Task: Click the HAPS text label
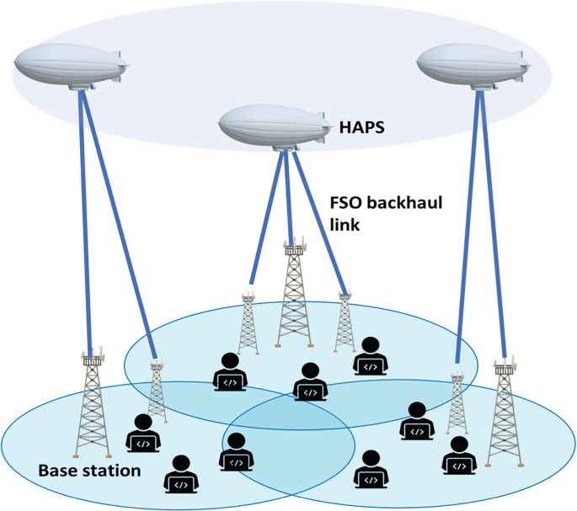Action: pyautogui.click(x=361, y=127)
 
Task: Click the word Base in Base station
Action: pyautogui.click(x=60, y=470)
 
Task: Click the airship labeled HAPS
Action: pyautogui.click(x=275, y=126)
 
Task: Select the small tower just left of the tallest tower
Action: pyautogui.click(x=248, y=324)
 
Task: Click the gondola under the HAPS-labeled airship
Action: pyautogui.click(x=286, y=149)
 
